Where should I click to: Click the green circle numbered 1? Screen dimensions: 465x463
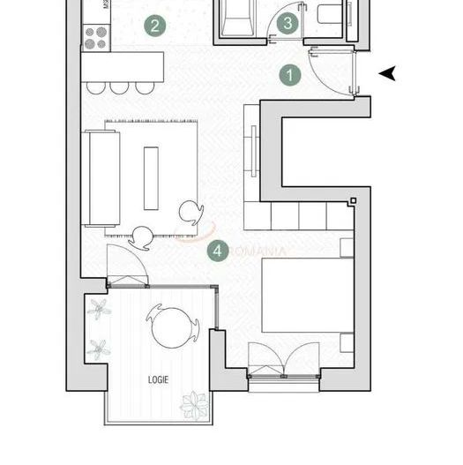290,76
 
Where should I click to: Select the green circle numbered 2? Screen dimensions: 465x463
154,25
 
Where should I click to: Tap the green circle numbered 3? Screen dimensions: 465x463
287,24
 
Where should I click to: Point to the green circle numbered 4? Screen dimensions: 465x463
218,251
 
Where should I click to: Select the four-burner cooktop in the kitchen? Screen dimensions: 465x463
95,35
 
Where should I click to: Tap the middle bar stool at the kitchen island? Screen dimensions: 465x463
119,86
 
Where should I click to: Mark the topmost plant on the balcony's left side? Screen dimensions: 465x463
98,309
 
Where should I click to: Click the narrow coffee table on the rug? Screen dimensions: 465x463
151,177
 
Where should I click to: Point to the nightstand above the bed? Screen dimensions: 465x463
347,246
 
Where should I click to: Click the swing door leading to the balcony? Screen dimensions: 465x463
125,265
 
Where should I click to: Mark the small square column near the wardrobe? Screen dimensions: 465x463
353,200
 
